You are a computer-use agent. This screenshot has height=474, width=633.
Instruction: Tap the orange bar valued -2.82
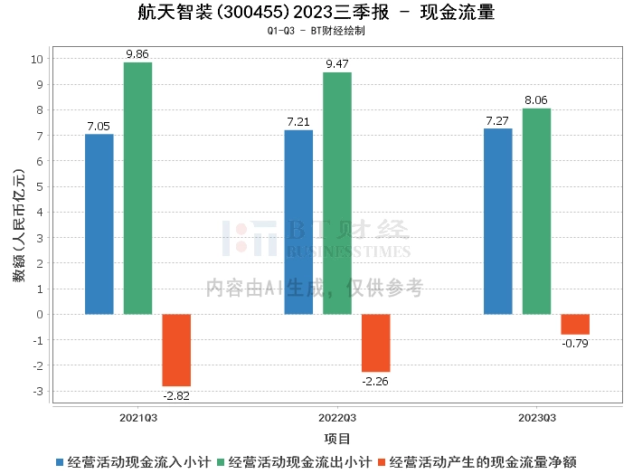point(176,350)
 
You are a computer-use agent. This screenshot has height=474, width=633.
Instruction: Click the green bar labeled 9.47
point(337,194)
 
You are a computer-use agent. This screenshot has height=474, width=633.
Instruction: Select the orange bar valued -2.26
point(376,343)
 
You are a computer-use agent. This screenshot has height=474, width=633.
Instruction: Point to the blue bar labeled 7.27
point(498,222)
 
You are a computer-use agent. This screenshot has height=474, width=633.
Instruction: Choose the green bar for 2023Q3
point(536,212)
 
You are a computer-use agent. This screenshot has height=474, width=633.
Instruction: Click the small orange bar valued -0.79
point(575,324)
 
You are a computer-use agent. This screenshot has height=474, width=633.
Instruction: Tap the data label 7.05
point(99,126)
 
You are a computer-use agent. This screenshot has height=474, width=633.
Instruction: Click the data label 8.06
point(536,100)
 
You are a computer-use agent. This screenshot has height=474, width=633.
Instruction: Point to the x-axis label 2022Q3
point(337,418)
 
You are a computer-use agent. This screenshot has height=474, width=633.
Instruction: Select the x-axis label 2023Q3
point(536,418)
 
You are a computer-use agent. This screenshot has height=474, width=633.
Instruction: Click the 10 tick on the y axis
point(37,59)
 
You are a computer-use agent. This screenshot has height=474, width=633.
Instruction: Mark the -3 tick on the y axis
point(37,392)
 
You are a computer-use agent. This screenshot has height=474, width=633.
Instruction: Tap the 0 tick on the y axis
point(40,315)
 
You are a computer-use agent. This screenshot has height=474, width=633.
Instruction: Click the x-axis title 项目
point(337,439)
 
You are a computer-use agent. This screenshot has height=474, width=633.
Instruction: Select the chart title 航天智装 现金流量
point(316,13)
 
